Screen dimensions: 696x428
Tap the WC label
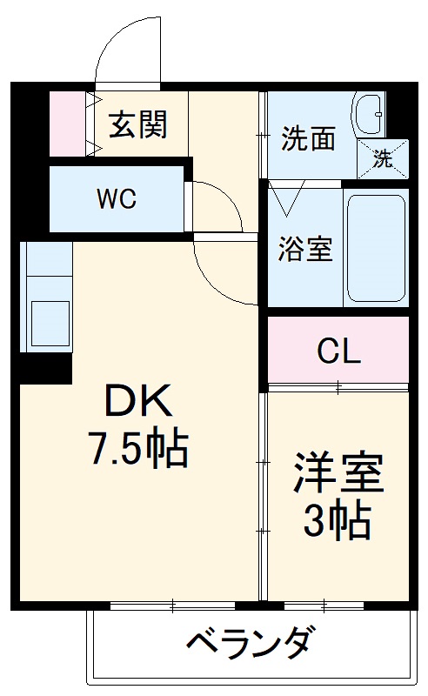click(x=117, y=198)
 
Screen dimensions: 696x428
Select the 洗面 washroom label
click(x=308, y=139)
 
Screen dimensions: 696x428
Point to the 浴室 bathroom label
click(x=304, y=250)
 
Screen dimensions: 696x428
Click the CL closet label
click(x=338, y=351)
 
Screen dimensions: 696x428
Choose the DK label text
click(x=139, y=403)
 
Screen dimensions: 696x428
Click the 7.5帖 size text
click(x=139, y=447)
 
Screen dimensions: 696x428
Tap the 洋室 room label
click(x=338, y=475)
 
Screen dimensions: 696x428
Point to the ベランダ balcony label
click(x=249, y=645)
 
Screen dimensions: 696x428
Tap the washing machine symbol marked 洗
click(x=384, y=157)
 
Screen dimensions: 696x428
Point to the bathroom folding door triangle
click(x=285, y=198)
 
